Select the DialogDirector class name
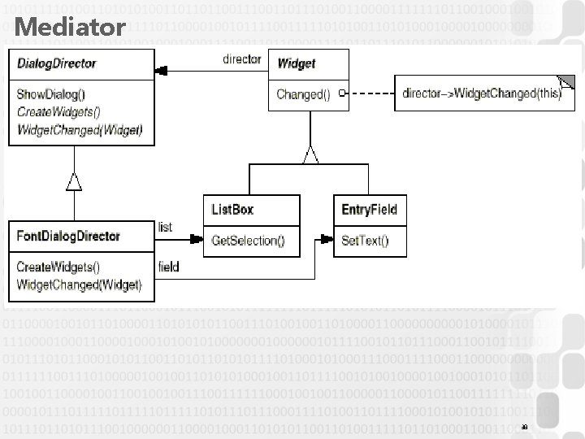click(x=56, y=63)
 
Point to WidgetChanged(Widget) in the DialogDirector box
click(x=78, y=129)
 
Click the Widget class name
click(x=297, y=63)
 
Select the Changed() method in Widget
click(x=303, y=94)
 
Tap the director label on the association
click(x=241, y=59)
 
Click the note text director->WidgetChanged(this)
click(x=482, y=93)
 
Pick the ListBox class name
click(x=232, y=209)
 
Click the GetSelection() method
click(x=248, y=240)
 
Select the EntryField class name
click(x=369, y=209)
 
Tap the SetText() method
click(x=365, y=240)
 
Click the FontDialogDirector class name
click(x=68, y=236)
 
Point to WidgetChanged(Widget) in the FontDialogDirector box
click(x=78, y=285)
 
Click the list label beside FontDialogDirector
click(x=165, y=226)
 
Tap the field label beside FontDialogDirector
click(x=168, y=266)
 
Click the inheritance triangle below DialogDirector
click(x=74, y=181)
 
